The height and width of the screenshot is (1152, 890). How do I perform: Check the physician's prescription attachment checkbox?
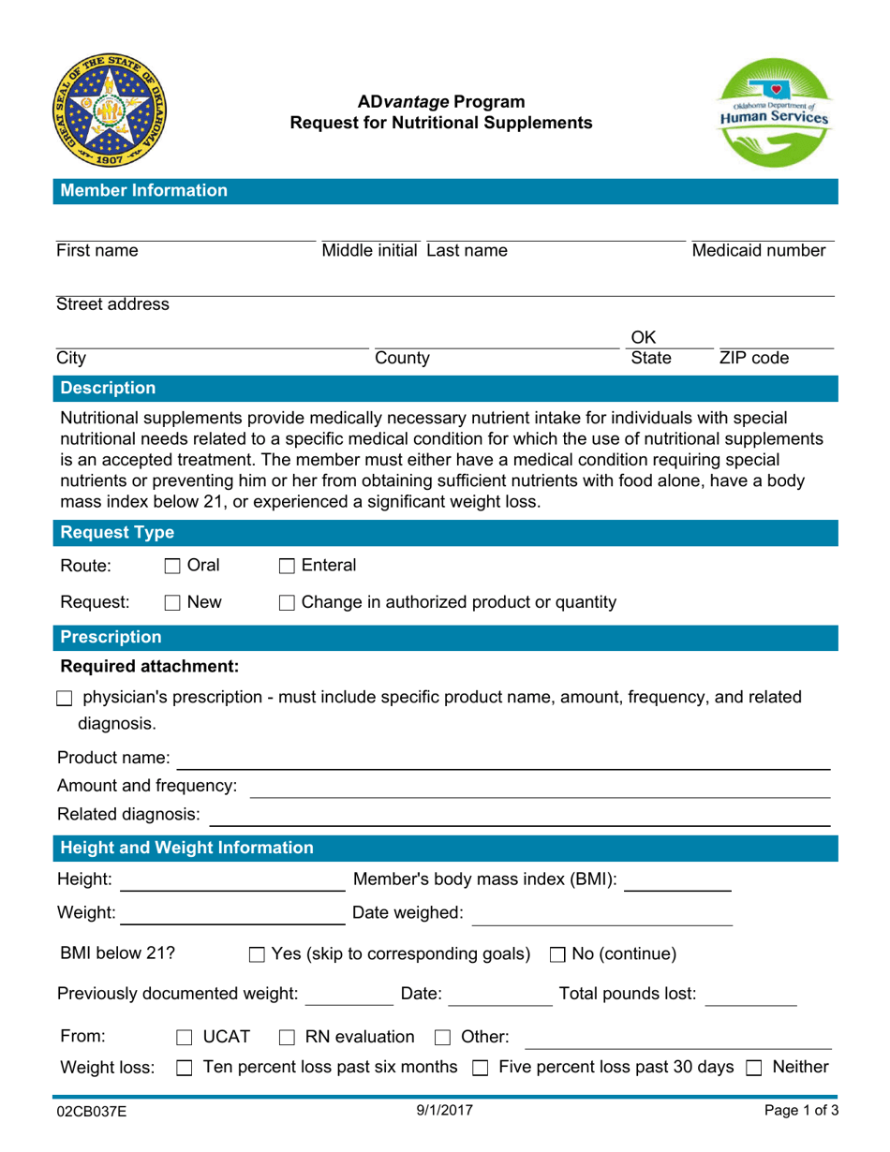[x=64, y=699]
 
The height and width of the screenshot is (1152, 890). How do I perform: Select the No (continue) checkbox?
[x=556, y=955]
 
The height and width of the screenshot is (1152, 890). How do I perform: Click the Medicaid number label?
[x=759, y=251]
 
